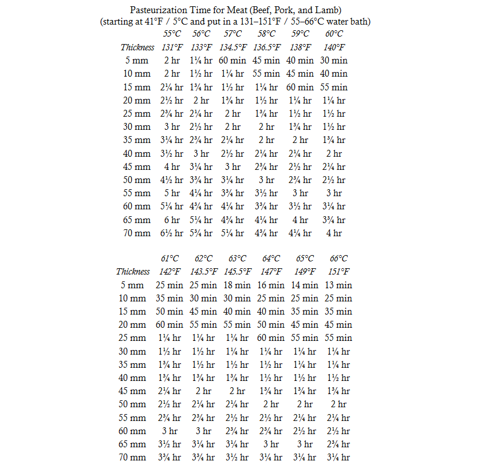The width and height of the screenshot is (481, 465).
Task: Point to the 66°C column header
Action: (338, 259)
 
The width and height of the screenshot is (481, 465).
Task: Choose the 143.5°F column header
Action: (203, 272)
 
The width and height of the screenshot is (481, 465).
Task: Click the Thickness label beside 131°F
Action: (137, 47)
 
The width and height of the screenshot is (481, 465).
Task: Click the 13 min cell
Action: (338, 285)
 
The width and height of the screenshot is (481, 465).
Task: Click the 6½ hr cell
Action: (172, 233)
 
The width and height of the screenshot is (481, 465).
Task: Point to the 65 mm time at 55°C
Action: (172, 220)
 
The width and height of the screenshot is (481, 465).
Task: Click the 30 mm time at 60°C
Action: (334, 127)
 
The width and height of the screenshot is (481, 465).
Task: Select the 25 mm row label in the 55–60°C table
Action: (137, 113)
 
